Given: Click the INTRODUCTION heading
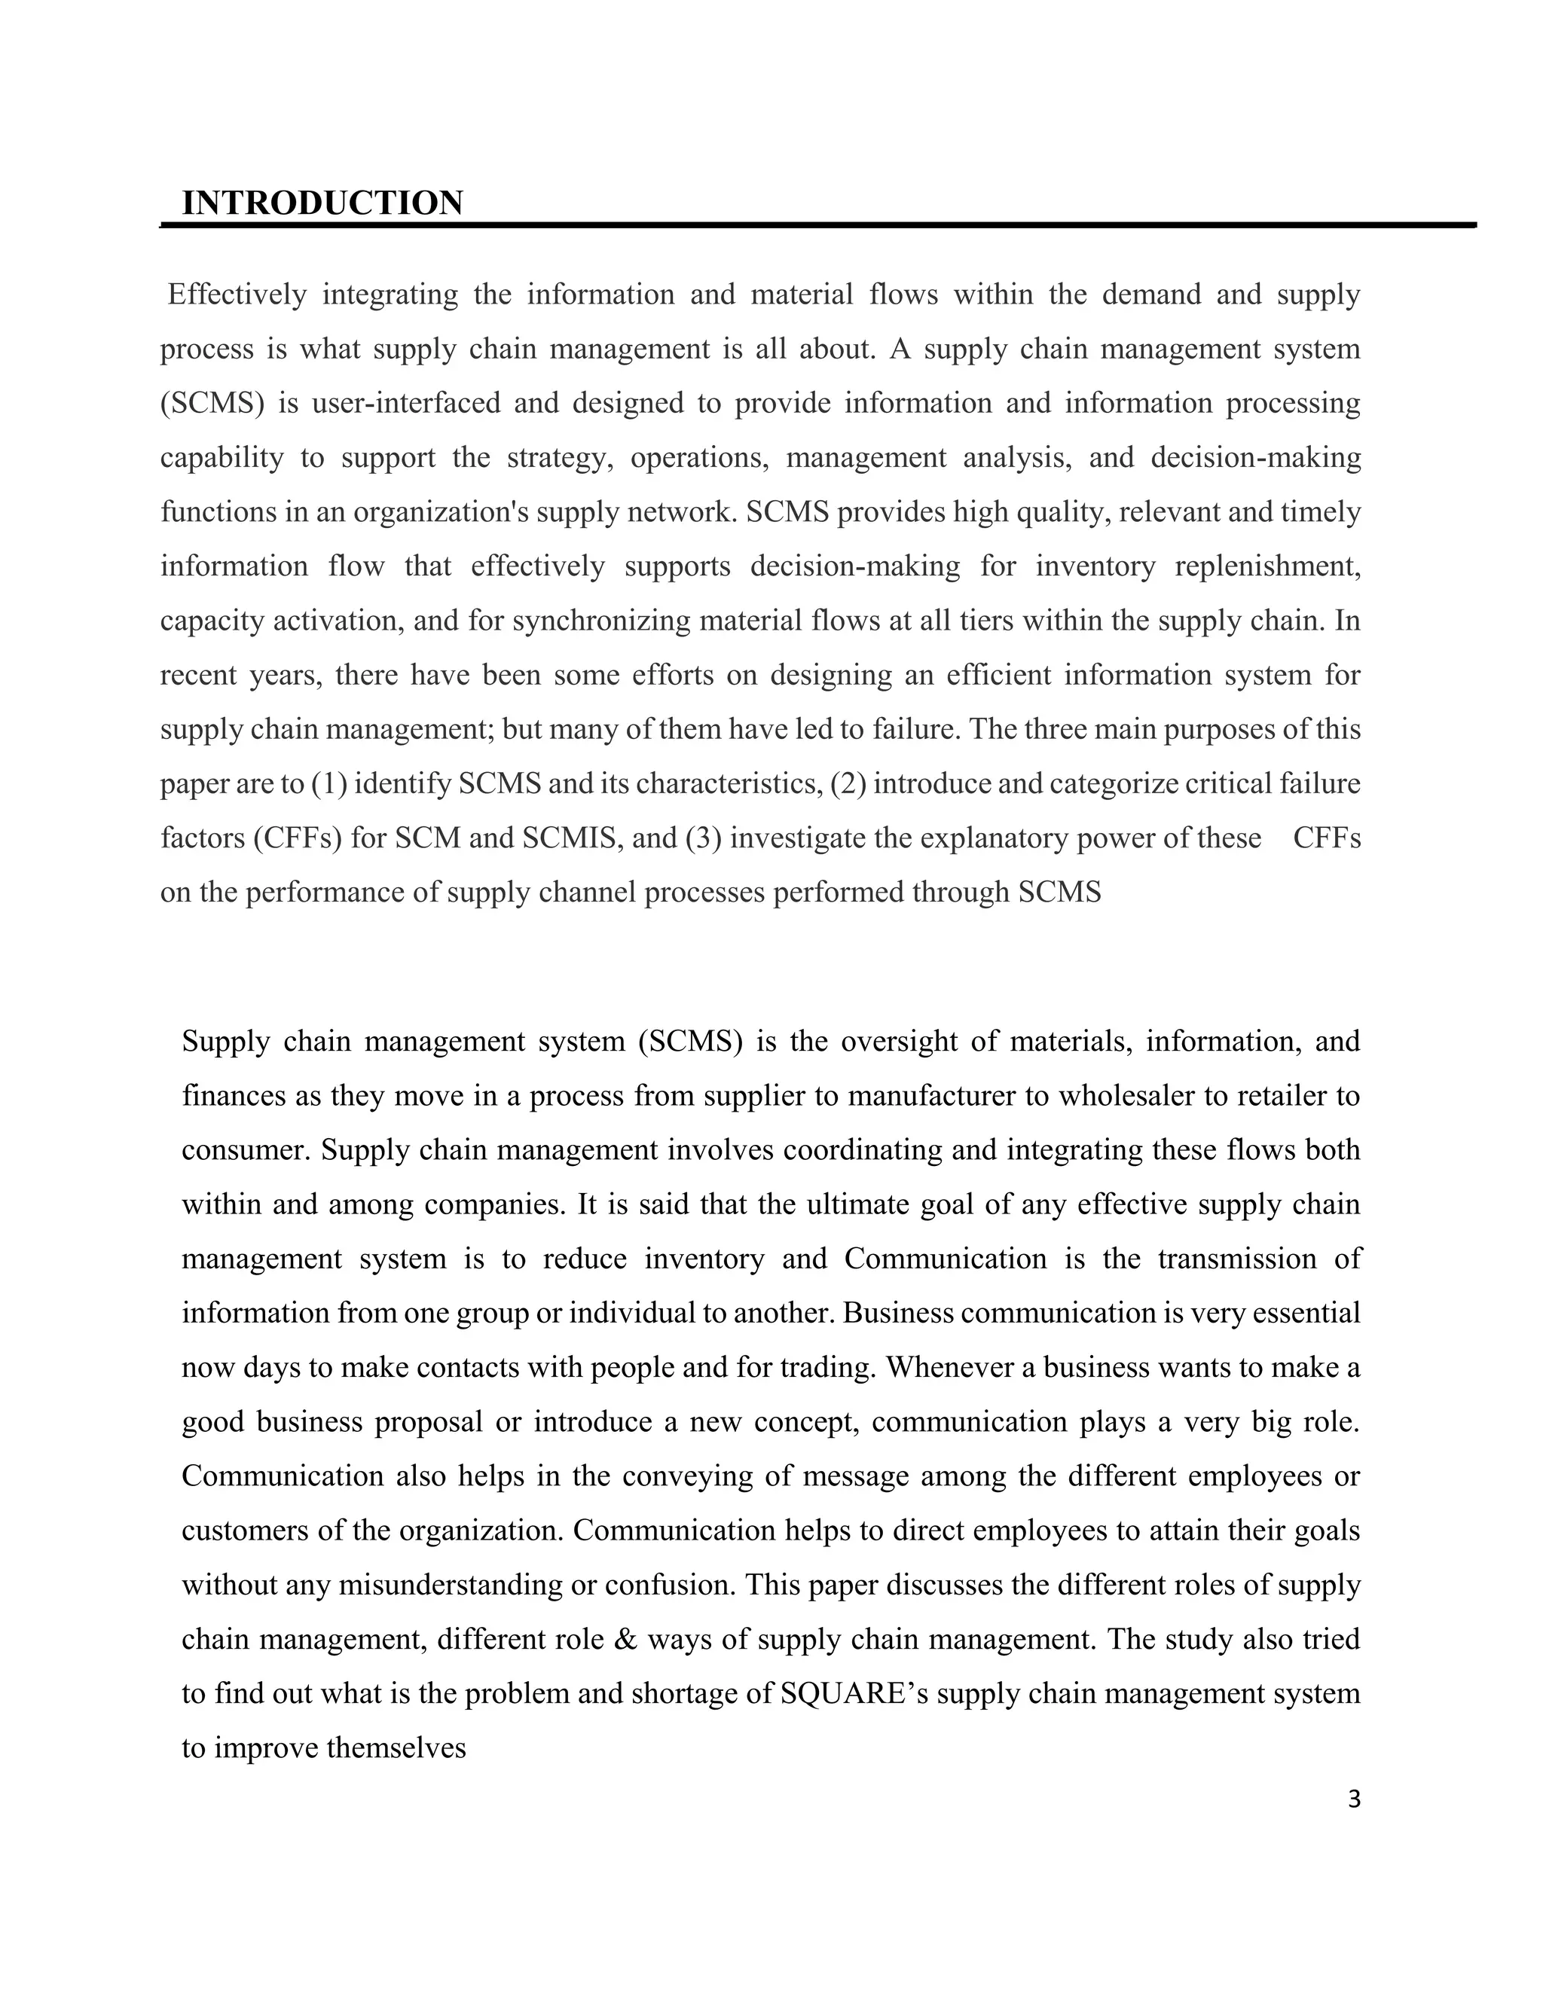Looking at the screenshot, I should click(x=322, y=203).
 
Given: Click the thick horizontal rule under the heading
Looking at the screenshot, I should click(x=817, y=224).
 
